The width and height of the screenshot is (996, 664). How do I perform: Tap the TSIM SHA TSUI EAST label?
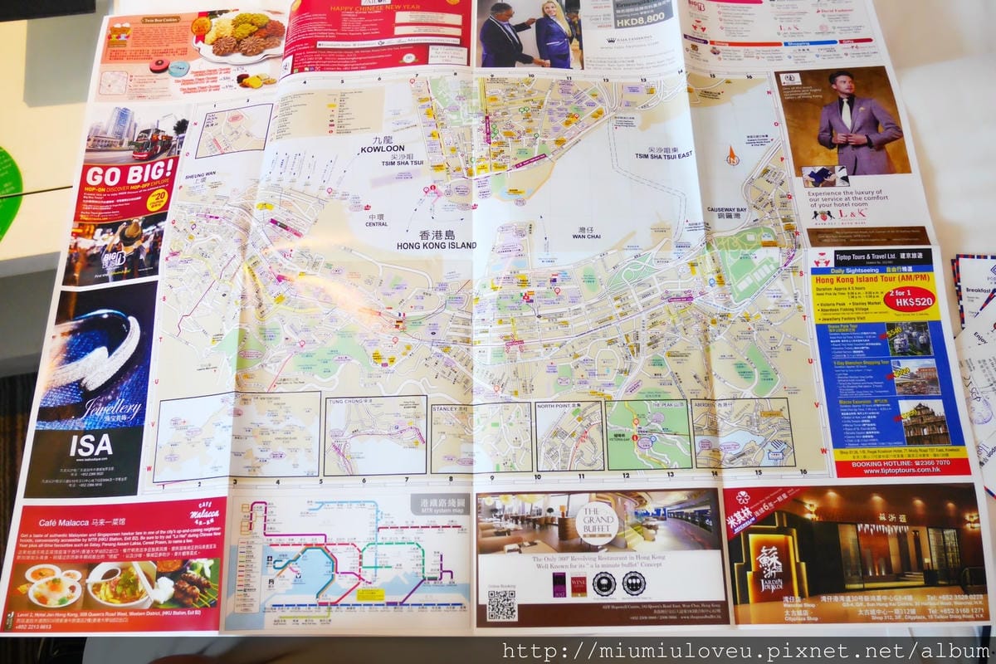tap(664, 154)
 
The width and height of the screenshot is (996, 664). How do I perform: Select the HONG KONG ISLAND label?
tap(437, 246)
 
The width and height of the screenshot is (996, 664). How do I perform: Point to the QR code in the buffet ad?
tap(501, 605)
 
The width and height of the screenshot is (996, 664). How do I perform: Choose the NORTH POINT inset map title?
tap(558, 408)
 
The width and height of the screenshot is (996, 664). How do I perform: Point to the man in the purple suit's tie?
tap(846, 113)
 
